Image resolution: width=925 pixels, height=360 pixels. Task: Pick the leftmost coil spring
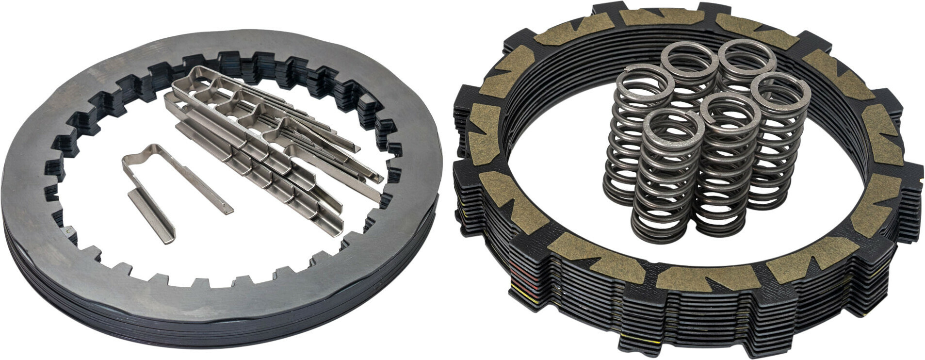pyautogui.click(x=631, y=136)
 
